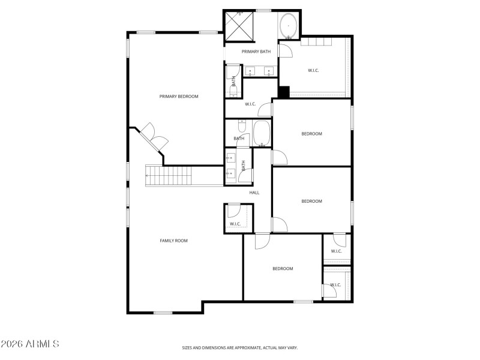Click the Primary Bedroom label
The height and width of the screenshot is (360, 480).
tap(179, 97)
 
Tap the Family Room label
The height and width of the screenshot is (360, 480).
tap(173, 241)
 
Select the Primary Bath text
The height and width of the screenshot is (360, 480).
tap(256, 52)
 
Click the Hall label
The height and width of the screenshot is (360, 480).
tap(254, 193)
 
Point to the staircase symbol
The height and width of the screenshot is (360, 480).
tap(169, 176)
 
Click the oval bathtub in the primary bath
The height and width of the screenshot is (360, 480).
tap(288, 27)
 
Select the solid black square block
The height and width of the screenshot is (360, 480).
tap(284, 92)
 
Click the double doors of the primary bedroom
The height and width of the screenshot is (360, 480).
tap(153, 139)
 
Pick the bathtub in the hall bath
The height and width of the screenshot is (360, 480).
tap(262, 133)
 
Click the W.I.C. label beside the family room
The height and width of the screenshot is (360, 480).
tap(235, 224)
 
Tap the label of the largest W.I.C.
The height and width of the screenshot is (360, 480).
tap(313, 71)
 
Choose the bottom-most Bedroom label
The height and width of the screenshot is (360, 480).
tap(283, 269)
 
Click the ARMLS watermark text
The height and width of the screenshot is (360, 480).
tap(30, 344)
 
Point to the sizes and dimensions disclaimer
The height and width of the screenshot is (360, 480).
tap(240, 347)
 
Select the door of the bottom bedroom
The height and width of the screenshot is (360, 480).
tap(262, 240)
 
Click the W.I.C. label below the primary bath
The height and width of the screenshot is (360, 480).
tap(250, 104)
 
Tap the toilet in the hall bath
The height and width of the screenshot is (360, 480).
tap(241, 126)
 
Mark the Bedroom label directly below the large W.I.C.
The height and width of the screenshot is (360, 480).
tap(311, 134)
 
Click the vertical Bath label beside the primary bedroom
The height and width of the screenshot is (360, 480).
tap(233, 81)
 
